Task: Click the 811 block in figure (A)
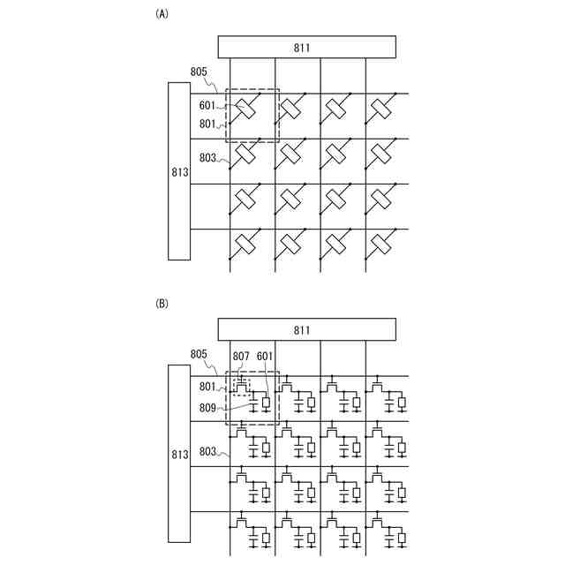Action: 306,47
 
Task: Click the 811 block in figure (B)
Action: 306,329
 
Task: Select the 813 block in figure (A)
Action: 179,171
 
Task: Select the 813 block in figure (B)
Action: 179,454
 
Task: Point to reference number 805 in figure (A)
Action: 199,72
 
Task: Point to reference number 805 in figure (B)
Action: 199,354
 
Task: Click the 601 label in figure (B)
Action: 266,356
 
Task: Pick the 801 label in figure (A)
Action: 208,124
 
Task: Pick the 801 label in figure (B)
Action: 208,386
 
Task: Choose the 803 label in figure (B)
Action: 208,451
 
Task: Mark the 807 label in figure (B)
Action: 242,356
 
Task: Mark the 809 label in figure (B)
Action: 208,409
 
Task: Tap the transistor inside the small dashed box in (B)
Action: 242,386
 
